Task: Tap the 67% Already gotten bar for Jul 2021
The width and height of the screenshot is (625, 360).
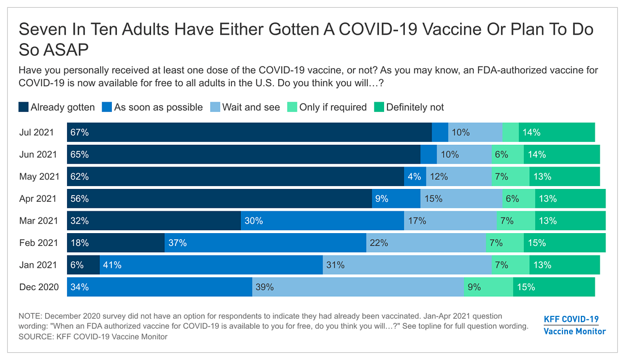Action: pyautogui.click(x=249, y=132)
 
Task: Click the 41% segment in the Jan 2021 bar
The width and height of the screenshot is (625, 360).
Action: pyautogui.click(x=211, y=265)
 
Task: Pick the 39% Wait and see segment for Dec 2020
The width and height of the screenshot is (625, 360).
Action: pyautogui.click(x=358, y=287)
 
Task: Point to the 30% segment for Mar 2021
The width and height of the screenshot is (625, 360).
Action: pyautogui.click(x=323, y=221)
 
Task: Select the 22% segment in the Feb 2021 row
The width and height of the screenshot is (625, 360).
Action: pyautogui.click(x=425, y=243)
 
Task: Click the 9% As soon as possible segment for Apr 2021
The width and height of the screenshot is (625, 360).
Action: pyautogui.click(x=396, y=198)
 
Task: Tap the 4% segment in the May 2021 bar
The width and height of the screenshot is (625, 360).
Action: pyautogui.click(x=415, y=177)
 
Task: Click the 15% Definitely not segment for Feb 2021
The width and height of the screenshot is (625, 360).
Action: pyautogui.click(x=564, y=243)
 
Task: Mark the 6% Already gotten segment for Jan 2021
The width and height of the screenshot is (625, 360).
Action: pyautogui.click(x=83, y=265)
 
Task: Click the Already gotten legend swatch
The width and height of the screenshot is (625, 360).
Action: pyautogui.click(x=23, y=107)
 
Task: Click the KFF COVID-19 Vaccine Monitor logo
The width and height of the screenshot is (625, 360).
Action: pyautogui.click(x=574, y=325)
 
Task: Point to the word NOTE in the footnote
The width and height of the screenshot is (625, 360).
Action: pyautogui.click(x=30, y=316)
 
